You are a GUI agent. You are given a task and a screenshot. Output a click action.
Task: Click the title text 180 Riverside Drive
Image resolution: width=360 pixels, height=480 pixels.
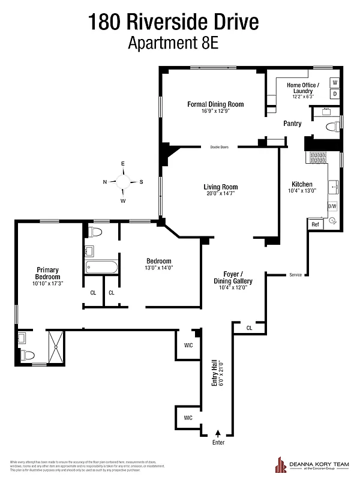[x=174, y=22]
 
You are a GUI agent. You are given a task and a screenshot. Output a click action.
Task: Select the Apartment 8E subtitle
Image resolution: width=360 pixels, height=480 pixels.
[x=174, y=43]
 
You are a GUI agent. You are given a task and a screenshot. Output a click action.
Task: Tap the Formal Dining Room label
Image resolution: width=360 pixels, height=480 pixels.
[x=215, y=104]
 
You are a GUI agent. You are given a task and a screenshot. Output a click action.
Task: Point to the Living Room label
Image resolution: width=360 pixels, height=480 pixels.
[x=221, y=187]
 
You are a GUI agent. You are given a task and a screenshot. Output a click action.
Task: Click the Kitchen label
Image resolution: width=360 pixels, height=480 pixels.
[x=302, y=184]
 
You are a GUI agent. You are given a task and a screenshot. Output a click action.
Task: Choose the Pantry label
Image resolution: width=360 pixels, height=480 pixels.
[x=292, y=124]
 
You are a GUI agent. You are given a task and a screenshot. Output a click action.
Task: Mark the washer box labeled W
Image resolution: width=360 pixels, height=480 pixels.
[x=335, y=82]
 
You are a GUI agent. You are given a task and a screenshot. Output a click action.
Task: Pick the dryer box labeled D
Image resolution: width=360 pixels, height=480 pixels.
[x=335, y=94]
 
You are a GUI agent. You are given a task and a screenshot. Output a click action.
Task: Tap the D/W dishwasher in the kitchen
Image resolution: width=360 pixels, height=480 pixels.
[x=332, y=206]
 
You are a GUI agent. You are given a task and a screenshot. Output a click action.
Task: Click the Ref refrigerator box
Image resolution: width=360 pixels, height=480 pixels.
[x=315, y=224]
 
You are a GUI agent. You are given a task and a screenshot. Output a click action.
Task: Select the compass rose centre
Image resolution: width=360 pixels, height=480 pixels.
[x=124, y=182]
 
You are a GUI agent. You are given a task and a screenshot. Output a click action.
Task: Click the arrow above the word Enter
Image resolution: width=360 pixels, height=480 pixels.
[x=218, y=432]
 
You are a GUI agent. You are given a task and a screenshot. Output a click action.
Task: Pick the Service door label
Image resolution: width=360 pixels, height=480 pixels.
[x=295, y=275]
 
